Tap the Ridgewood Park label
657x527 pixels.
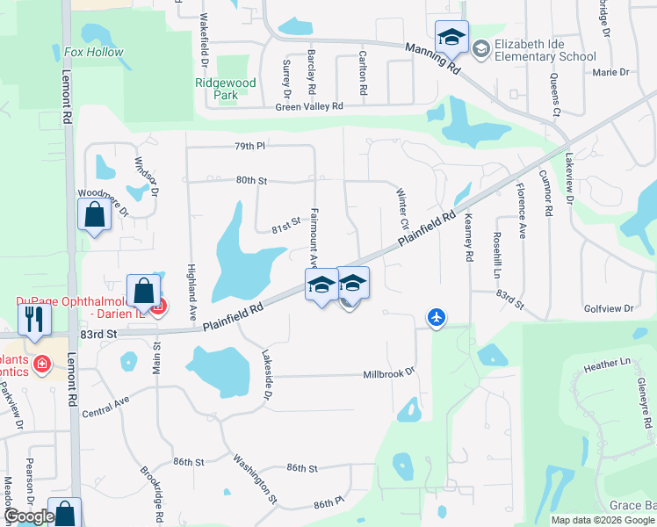pyautogui.click(x=226, y=89)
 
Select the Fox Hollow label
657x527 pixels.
pyautogui.click(x=94, y=53)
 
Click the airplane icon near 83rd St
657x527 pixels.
pyautogui.click(x=437, y=317)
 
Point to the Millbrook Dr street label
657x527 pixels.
pyautogui.click(x=388, y=374)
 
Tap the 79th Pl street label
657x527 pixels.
pyautogui.click(x=249, y=146)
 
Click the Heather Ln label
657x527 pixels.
pyautogui.click(x=608, y=362)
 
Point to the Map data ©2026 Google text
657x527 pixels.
pyautogui.click(x=602, y=520)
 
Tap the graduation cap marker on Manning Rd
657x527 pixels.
pyautogui.click(x=451, y=38)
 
